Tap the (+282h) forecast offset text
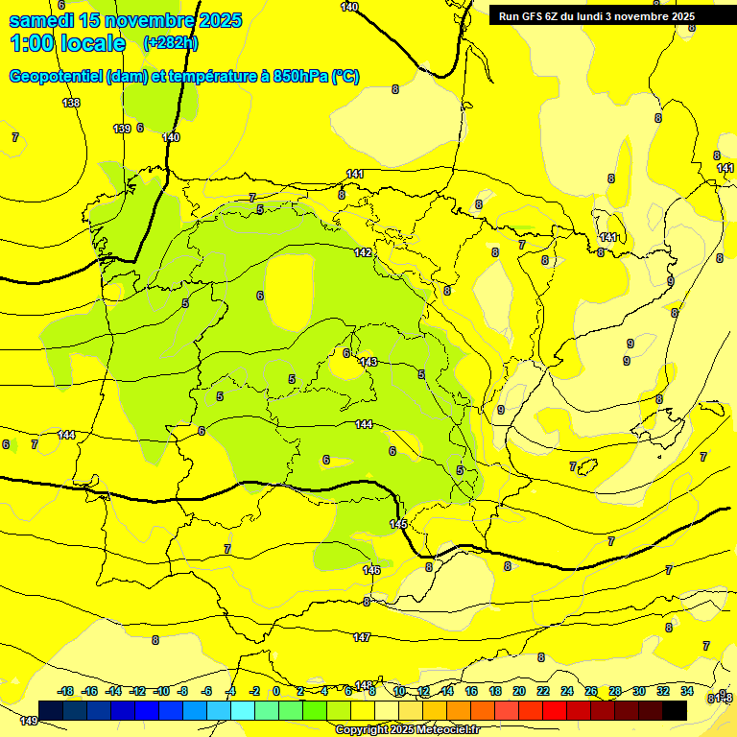(170, 43)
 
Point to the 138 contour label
(71, 103)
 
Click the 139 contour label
(122, 129)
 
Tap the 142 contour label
(363, 252)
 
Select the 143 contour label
(368, 362)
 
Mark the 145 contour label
(398, 523)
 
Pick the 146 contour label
(371, 570)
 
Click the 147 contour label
(362, 637)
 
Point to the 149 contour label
(29, 721)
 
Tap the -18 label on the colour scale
(65, 691)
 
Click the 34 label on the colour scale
(687, 691)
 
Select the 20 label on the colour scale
(519, 691)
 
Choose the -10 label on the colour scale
(160, 691)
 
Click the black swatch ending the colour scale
(674, 710)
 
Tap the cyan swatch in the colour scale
(243, 710)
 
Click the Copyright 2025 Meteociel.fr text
(407, 729)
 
